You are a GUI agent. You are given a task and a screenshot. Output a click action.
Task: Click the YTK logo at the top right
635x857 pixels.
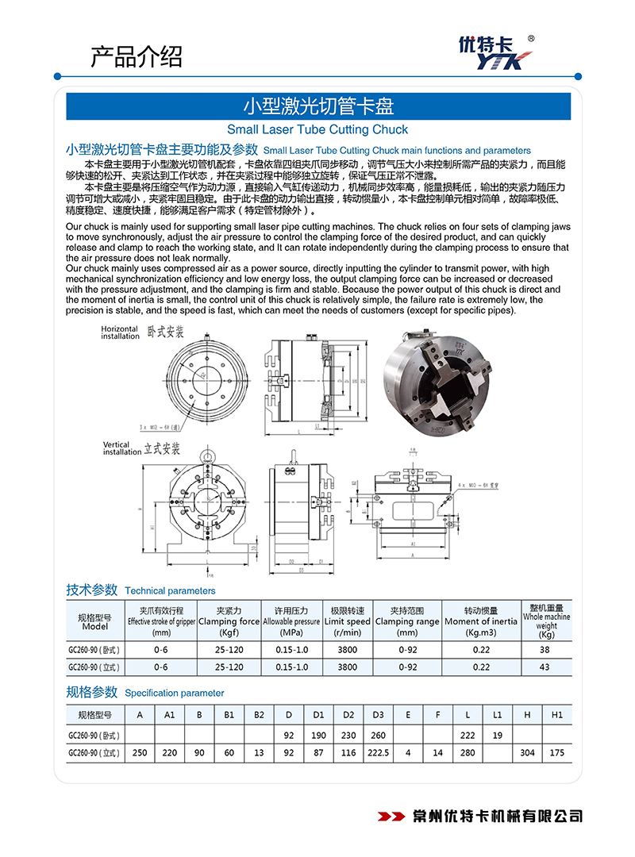pyautogui.click(x=498, y=52)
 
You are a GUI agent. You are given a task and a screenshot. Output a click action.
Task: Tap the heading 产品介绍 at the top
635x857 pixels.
pyautogui.click(x=136, y=56)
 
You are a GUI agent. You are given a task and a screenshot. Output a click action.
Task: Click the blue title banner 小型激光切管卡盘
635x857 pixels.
pyautogui.click(x=317, y=106)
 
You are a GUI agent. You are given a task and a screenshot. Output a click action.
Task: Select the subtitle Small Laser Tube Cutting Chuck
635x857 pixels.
pyautogui.click(x=317, y=129)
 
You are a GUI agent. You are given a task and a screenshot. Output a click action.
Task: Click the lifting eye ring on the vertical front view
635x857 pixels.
pyautogui.click(x=208, y=455)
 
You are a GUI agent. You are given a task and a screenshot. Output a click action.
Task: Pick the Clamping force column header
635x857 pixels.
pyautogui.click(x=229, y=617)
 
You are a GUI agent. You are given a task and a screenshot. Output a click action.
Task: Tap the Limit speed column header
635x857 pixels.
pyautogui.click(x=347, y=617)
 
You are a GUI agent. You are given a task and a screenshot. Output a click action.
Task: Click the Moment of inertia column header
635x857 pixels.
pyautogui.click(x=481, y=617)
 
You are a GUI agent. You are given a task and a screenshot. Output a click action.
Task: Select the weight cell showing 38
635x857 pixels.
pyautogui.click(x=545, y=649)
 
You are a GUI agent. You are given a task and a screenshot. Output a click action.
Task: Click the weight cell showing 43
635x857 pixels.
pyautogui.click(x=545, y=667)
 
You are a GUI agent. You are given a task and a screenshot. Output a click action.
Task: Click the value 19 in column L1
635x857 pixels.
pyautogui.click(x=497, y=735)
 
